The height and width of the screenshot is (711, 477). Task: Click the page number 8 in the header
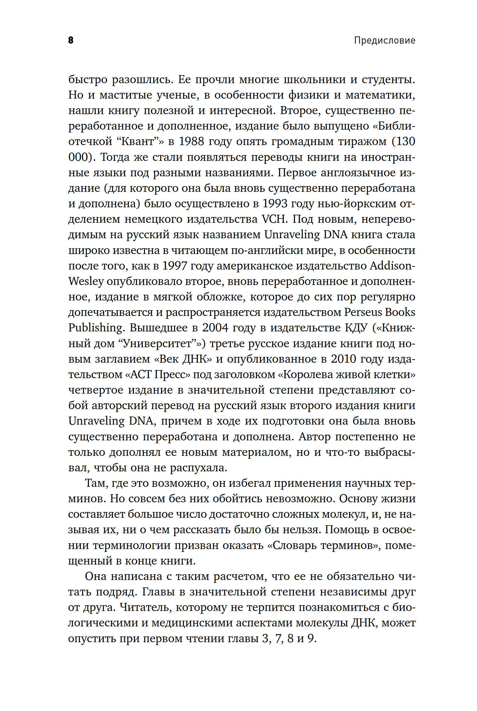(71, 40)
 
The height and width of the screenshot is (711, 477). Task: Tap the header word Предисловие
(384, 40)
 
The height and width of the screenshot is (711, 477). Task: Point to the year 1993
(275, 204)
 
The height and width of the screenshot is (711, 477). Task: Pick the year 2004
(215, 328)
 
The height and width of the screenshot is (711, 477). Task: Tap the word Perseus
(363, 312)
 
